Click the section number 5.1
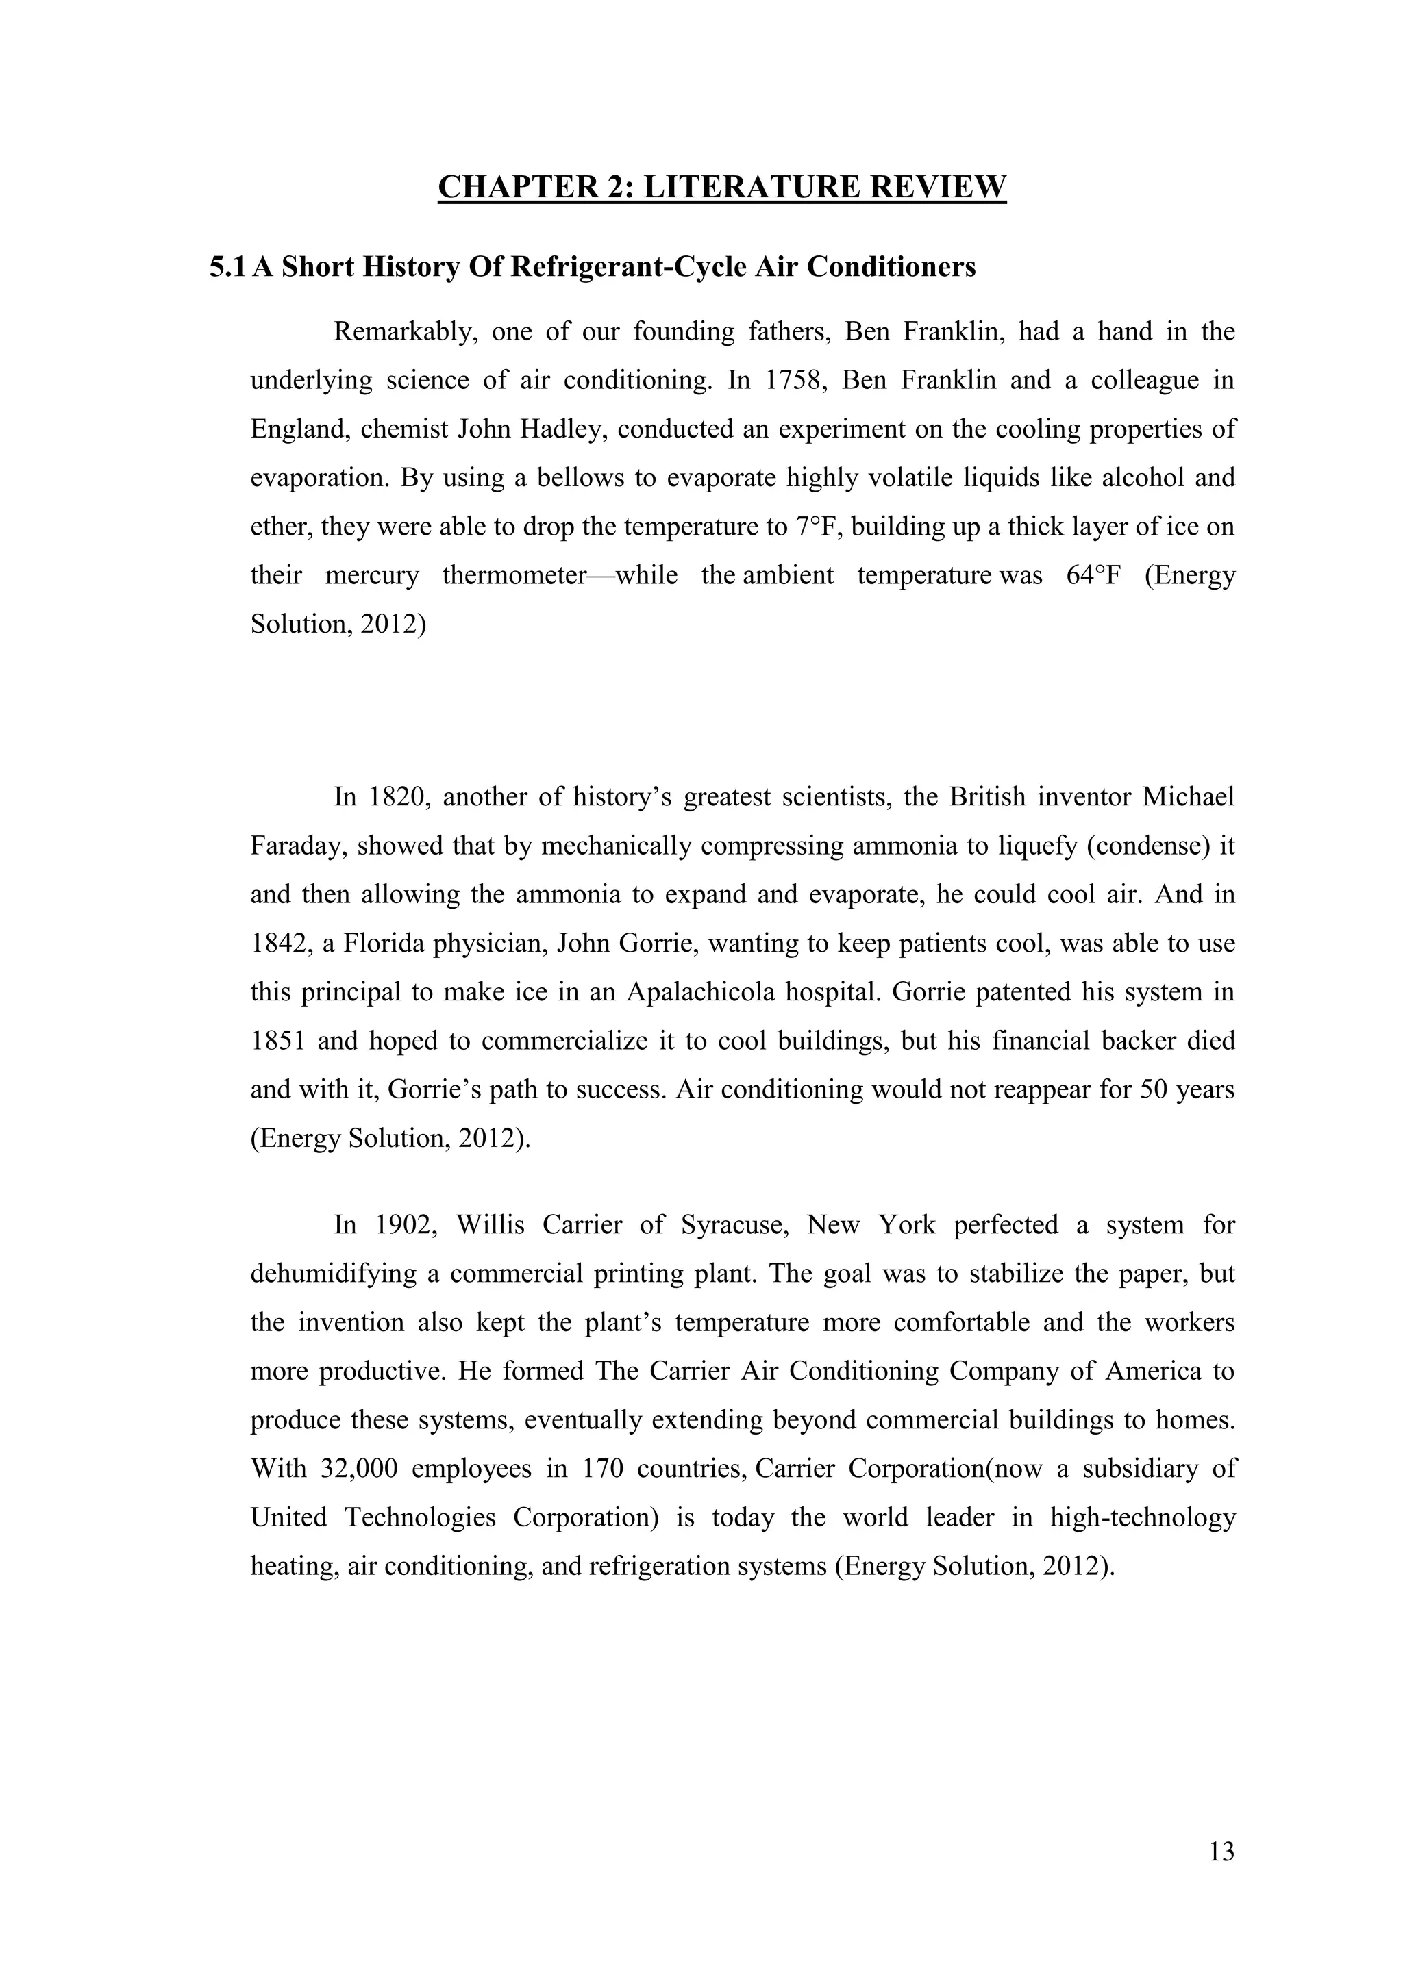coord(227,268)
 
